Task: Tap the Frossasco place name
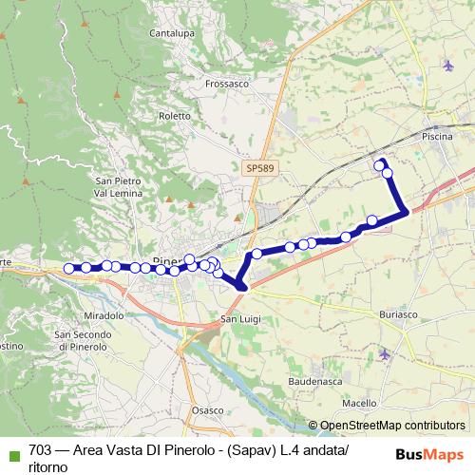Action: [227, 83]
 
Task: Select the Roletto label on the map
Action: [176, 116]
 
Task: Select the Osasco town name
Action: [206, 409]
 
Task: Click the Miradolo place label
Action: [104, 314]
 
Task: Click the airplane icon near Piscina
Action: [447, 66]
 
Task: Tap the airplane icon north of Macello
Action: [384, 354]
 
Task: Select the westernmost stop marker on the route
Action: [69, 269]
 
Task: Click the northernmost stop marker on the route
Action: [380, 165]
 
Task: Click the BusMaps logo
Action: [428, 454]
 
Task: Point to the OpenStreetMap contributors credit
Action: [391, 426]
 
